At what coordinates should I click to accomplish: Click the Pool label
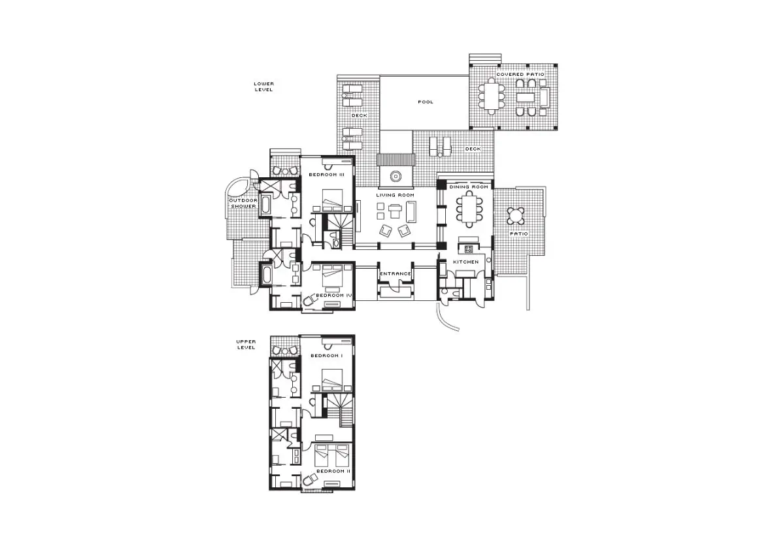(x=425, y=102)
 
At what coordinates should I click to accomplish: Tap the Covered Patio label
(x=520, y=75)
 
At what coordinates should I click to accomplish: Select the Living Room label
(x=395, y=195)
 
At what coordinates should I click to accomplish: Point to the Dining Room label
(x=469, y=187)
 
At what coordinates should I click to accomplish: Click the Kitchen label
(x=466, y=262)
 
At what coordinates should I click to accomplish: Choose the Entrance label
(x=395, y=273)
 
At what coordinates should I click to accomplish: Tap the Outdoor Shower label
(x=243, y=203)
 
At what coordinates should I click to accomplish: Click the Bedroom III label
(x=326, y=175)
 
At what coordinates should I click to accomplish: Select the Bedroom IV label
(x=333, y=296)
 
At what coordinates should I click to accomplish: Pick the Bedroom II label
(x=333, y=471)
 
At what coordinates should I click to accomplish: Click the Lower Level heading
(x=263, y=86)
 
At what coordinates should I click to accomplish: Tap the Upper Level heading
(x=245, y=345)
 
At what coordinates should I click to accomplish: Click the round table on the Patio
(x=516, y=215)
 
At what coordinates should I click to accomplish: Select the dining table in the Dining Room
(x=468, y=209)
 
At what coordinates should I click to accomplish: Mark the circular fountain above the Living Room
(x=395, y=176)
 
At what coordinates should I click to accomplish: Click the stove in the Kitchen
(x=468, y=249)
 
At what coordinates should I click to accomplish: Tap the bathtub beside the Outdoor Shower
(x=265, y=205)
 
